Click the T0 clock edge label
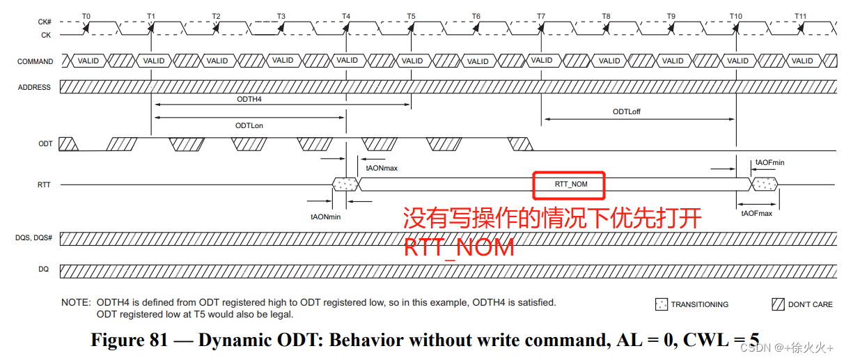click(86, 15)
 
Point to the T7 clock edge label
click(541, 15)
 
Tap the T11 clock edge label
click(800, 15)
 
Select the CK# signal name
click(45, 22)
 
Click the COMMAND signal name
click(35, 61)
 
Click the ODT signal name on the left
click(45, 143)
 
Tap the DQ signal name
click(43, 269)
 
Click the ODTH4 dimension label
click(249, 99)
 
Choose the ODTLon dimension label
click(249, 125)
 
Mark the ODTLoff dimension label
click(626, 111)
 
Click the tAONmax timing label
click(382, 167)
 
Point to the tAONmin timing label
click(325, 217)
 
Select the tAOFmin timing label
click(769, 162)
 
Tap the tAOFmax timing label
click(757, 212)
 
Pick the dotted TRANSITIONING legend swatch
click(661, 304)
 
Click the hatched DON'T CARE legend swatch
click(778, 304)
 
